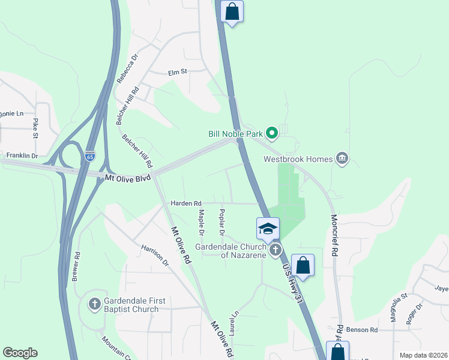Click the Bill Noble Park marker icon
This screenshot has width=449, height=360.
click(271, 133)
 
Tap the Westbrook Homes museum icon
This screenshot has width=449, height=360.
click(342, 159)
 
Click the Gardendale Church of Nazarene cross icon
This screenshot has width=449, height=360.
click(276, 250)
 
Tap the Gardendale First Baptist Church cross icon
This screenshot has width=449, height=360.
click(94, 304)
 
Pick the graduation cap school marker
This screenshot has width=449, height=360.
click(268, 229)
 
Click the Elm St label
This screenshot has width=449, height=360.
click(178, 71)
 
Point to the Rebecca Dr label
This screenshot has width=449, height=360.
click(127, 68)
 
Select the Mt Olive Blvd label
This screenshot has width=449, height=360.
click(128, 178)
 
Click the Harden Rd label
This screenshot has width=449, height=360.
click(185, 203)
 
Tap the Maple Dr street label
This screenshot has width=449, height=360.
click(201, 222)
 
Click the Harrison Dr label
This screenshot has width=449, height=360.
click(155, 256)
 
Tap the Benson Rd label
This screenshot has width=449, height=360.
click(362, 330)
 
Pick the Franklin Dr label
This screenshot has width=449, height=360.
click(22, 156)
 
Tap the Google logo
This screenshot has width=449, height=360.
click(20, 353)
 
